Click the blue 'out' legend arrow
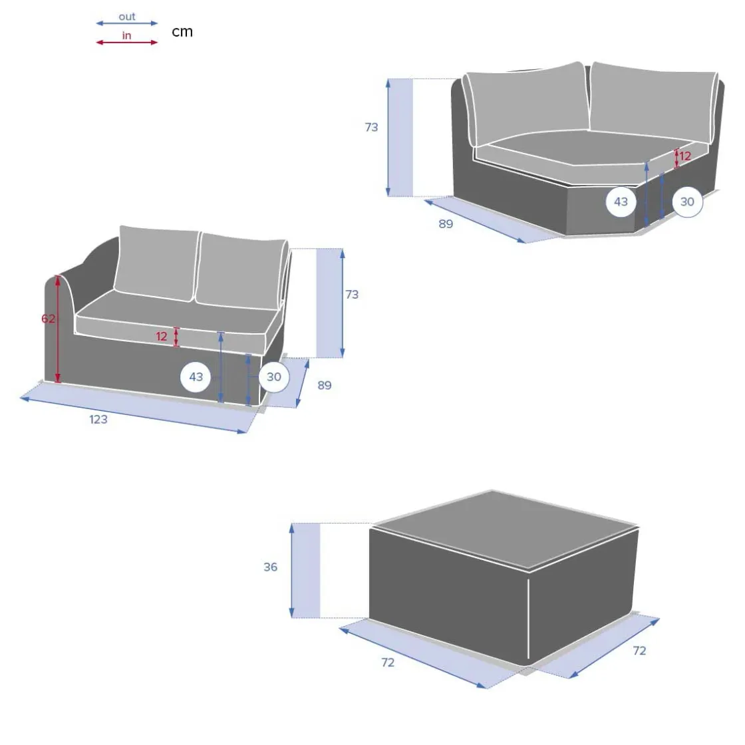click(127, 23)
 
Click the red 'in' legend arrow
click(127, 43)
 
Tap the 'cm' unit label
click(182, 32)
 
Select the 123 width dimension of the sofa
click(98, 420)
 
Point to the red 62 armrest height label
click(48, 319)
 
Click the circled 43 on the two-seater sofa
click(196, 376)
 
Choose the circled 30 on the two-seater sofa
click(273, 376)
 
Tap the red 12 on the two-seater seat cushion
click(162, 337)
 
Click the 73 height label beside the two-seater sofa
click(352, 295)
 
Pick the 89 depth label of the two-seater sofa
click(325, 385)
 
